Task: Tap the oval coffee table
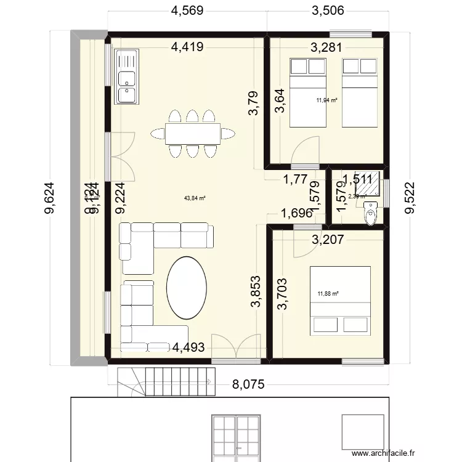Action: point(187,287)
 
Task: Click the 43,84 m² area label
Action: point(195,198)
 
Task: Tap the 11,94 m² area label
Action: point(326,100)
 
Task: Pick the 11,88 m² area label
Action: point(328,294)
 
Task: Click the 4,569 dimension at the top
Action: point(187,10)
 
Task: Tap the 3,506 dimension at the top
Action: point(328,10)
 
